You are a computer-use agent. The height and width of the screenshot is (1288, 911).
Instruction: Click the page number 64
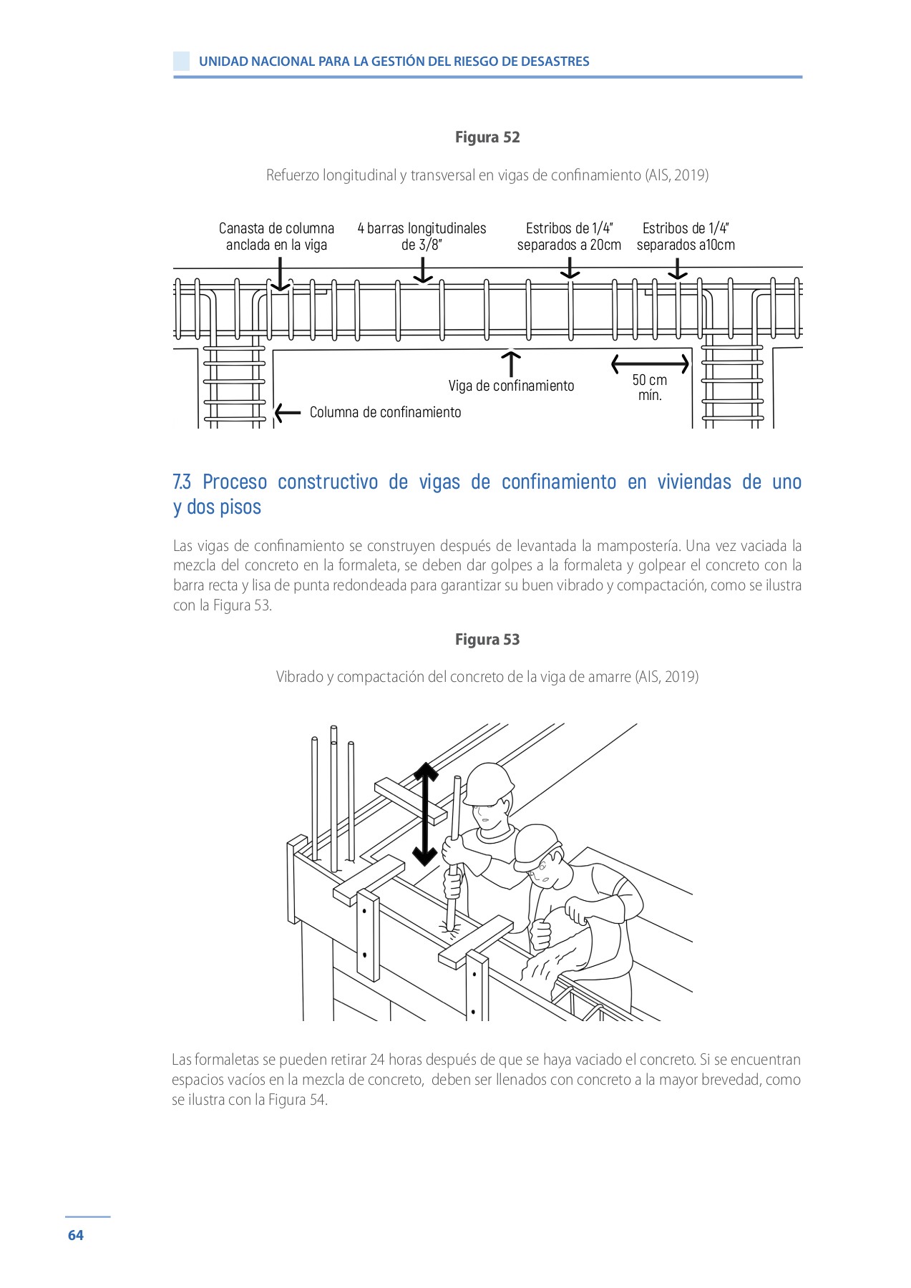coord(75,1235)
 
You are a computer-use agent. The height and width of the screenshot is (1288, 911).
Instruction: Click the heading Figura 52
coord(487,137)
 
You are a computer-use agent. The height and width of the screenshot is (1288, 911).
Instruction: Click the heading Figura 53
coord(487,640)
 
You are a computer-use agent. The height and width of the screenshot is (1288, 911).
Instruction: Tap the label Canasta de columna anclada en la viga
coord(276,236)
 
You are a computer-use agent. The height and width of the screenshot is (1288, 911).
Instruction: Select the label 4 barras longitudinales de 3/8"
coord(422,236)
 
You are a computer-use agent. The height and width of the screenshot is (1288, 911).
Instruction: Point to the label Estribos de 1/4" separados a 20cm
coord(569,236)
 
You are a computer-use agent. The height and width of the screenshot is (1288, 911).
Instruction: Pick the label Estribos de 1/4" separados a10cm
coord(686,236)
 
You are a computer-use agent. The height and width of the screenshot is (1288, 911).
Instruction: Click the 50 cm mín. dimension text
coord(649,387)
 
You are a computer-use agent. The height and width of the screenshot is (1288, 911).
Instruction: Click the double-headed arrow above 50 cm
coord(650,364)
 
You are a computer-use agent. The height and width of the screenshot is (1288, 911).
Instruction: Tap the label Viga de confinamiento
coord(511,386)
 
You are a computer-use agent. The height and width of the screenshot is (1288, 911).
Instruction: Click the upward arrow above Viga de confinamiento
coord(511,363)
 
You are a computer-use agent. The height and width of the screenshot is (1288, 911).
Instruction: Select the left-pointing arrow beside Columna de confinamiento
coord(287,412)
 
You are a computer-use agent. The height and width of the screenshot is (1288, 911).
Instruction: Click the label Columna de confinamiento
coord(385,412)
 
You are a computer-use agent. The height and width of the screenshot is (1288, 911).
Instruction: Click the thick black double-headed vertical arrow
coord(425,814)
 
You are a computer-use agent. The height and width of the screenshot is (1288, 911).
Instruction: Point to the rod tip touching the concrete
coord(451,927)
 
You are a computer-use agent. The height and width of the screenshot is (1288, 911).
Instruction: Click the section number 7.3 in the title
coord(182,482)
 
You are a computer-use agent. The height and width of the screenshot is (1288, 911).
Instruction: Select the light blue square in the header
coord(182,61)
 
